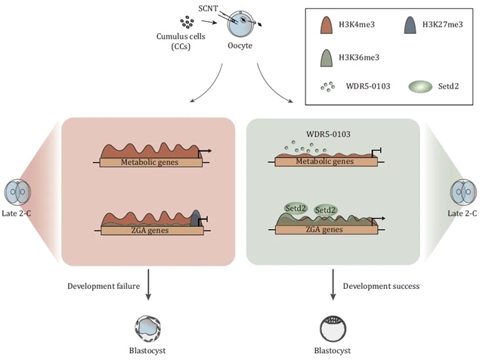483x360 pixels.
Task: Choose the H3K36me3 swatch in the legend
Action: [x=326, y=57]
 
